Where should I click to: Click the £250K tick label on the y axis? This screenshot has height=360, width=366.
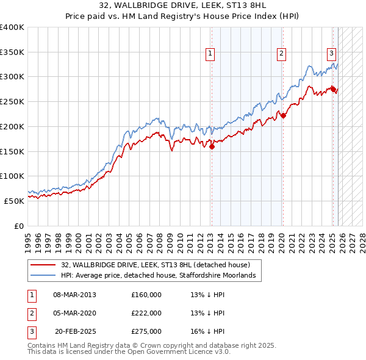[x=12, y=101]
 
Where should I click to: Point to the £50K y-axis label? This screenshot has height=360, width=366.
[x=14, y=200]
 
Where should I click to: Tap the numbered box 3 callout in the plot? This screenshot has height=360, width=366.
[x=331, y=54]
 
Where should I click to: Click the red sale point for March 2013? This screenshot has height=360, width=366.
[x=212, y=146]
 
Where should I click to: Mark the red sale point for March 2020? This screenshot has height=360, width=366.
[x=283, y=115]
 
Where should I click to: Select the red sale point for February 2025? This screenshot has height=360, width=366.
[x=333, y=89]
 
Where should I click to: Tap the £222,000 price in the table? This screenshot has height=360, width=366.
[x=146, y=313]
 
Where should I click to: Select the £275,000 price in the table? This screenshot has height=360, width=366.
[x=146, y=331]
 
